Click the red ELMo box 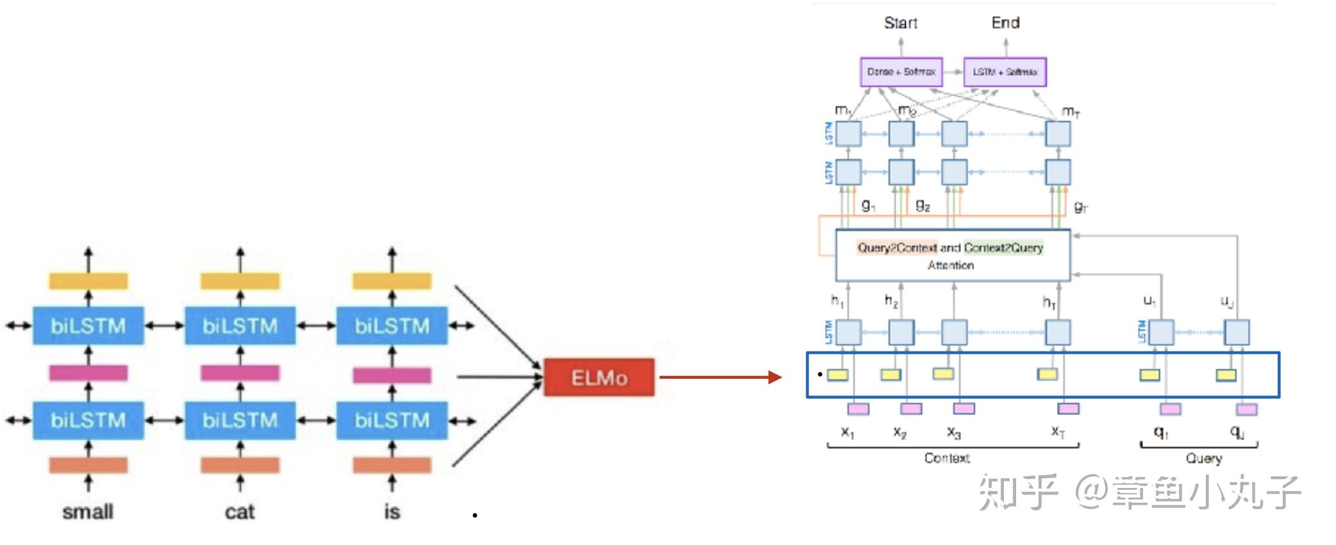[x=599, y=377]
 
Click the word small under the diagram [x=88, y=512]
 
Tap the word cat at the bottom [x=240, y=512]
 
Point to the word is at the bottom [x=392, y=512]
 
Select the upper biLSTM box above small [x=88, y=326]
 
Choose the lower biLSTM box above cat [x=240, y=421]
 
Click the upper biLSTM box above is [x=392, y=326]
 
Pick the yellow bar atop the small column [x=88, y=281]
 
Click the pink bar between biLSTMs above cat [x=240, y=373]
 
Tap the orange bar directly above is [x=392, y=465]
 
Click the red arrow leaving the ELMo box [x=718, y=377]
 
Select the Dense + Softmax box [x=901, y=72]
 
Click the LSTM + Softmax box [x=1005, y=72]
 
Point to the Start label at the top [x=900, y=23]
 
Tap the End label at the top [x=1005, y=23]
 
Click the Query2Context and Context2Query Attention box [x=953, y=255]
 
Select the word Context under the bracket [x=947, y=458]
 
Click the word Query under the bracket [x=1203, y=458]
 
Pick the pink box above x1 [x=858, y=408]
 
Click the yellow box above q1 [x=1149, y=375]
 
